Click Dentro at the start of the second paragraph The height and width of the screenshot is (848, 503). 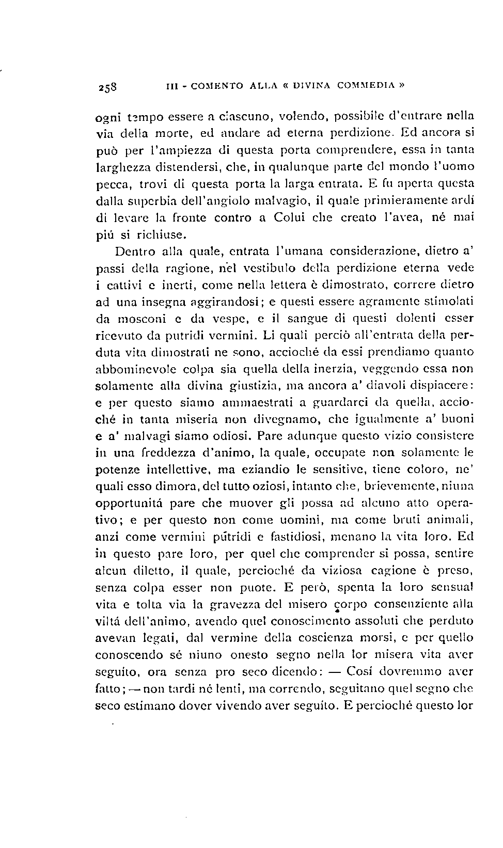(133, 252)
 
